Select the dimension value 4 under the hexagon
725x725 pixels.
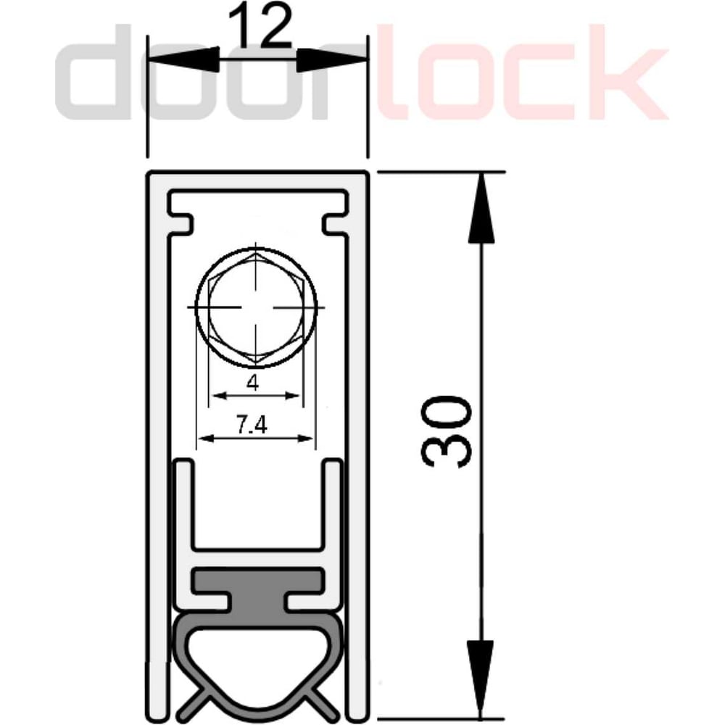pyautogui.click(x=252, y=382)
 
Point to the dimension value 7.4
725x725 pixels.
pyautogui.click(x=252, y=425)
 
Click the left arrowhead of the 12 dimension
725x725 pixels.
pyautogui.click(x=183, y=59)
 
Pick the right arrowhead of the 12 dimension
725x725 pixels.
pyautogui.click(x=332, y=59)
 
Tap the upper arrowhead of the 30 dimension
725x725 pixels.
pyautogui.click(x=481, y=207)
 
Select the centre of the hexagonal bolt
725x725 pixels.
pyautogui.click(x=256, y=307)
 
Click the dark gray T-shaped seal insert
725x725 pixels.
pyautogui.click(x=257, y=590)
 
